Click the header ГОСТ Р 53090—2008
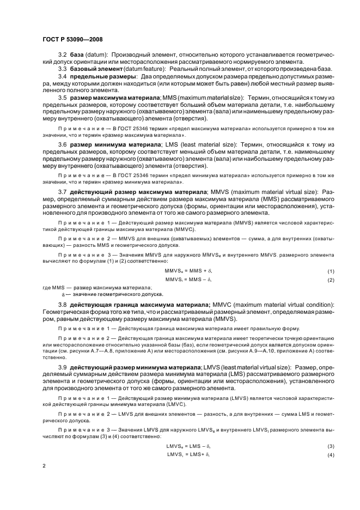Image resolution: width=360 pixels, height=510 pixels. click(x=72, y=39)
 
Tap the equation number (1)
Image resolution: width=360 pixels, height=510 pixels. click(x=330, y=271)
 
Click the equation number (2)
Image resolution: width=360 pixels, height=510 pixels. click(x=330, y=280)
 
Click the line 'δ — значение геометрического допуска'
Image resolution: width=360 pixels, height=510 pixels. click(x=110, y=294)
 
